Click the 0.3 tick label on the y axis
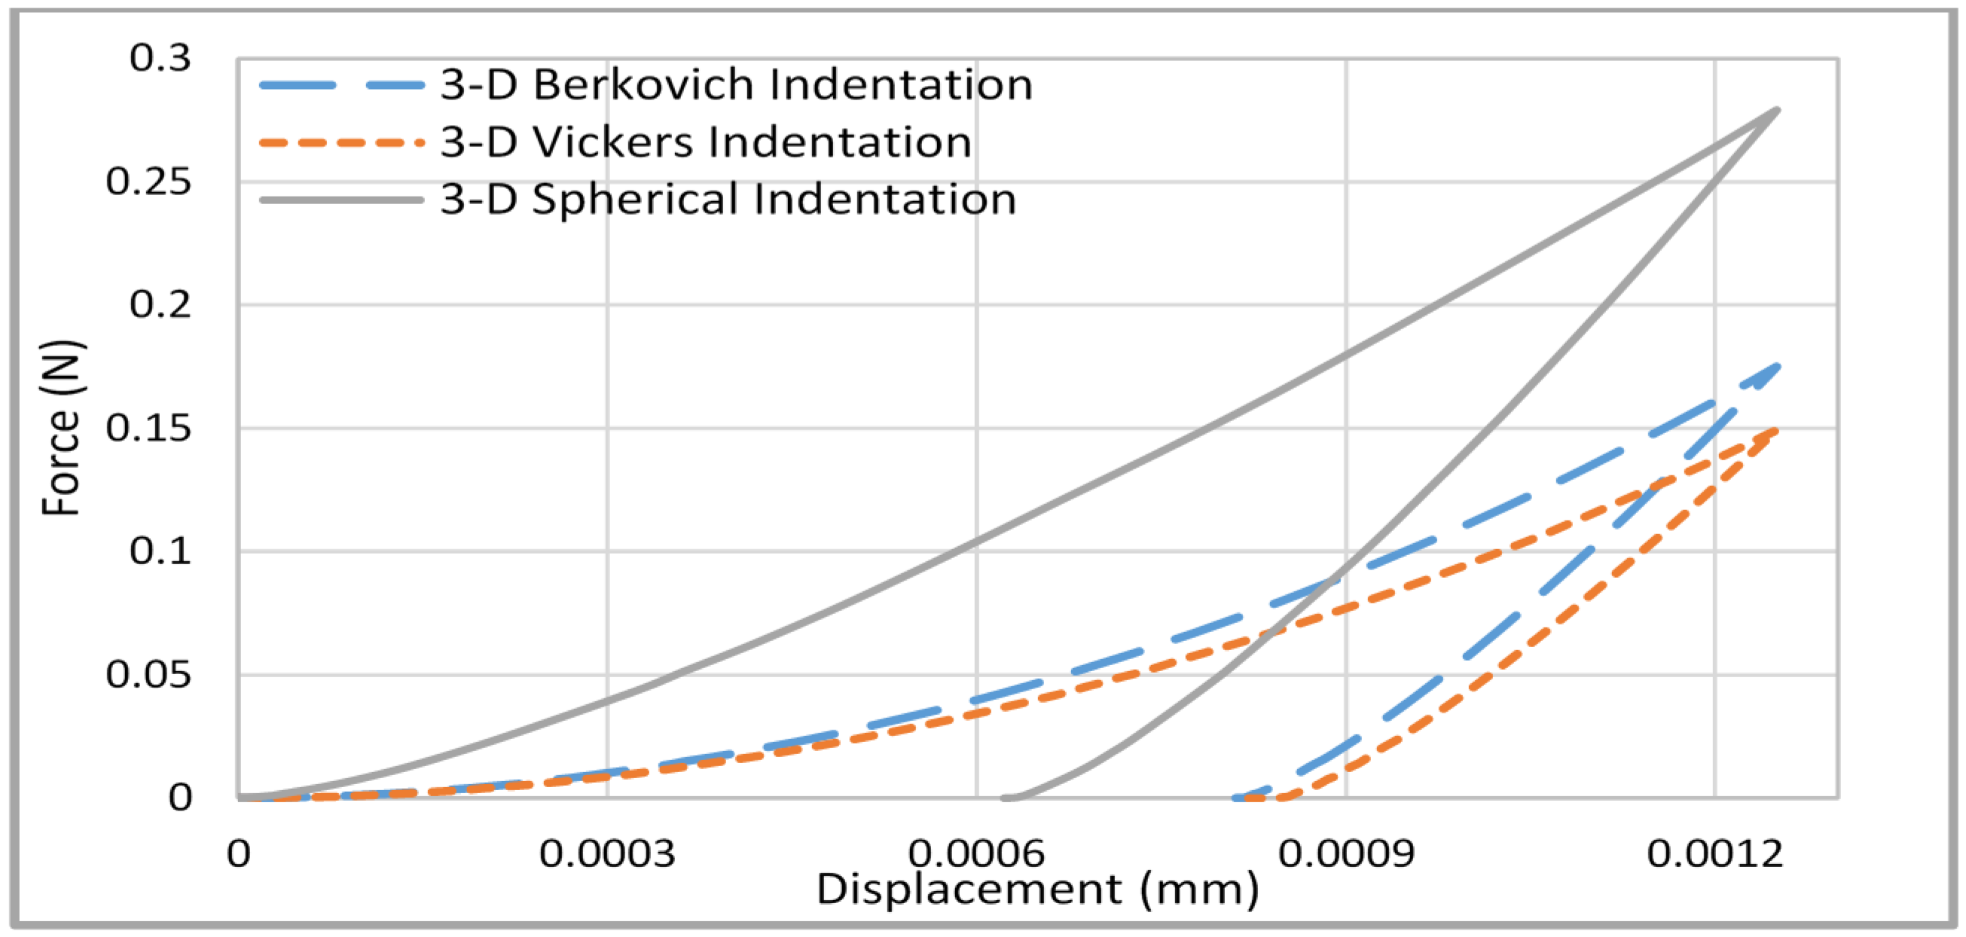tap(160, 58)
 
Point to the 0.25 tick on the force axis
tap(148, 182)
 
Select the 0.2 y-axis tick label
tap(160, 304)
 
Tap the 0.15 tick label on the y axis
tap(148, 428)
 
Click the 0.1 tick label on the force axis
tap(160, 551)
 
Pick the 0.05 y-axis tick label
tap(148, 675)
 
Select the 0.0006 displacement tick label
tap(976, 853)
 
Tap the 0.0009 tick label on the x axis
tap(1346, 853)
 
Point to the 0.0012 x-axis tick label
tap(1715, 853)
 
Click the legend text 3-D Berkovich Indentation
tap(737, 84)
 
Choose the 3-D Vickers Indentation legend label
tap(706, 142)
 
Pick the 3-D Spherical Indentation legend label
tap(728, 199)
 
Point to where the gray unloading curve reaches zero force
tap(1006, 798)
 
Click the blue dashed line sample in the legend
tap(341, 85)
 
